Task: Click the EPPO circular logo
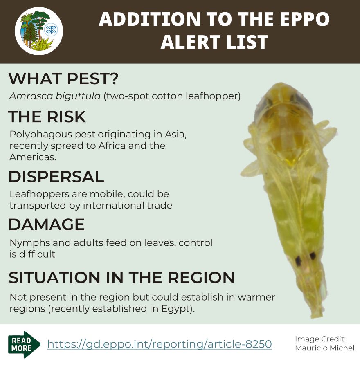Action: coord(39,31)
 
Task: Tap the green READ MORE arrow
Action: coord(24,344)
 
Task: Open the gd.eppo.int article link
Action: coord(160,344)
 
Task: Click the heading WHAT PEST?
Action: coord(63,79)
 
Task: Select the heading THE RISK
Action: coord(47,117)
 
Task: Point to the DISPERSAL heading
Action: coord(56,177)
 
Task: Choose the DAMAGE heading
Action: coord(47,224)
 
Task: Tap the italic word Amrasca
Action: coord(31,96)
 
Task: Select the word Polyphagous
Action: coord(41,135)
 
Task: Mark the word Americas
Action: coord(33,157)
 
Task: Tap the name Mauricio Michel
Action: coord(325,348)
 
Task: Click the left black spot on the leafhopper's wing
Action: coord(298,260)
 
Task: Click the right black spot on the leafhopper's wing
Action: coord(313,256)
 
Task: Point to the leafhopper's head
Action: coord(283,103)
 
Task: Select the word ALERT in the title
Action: coord(184,42)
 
